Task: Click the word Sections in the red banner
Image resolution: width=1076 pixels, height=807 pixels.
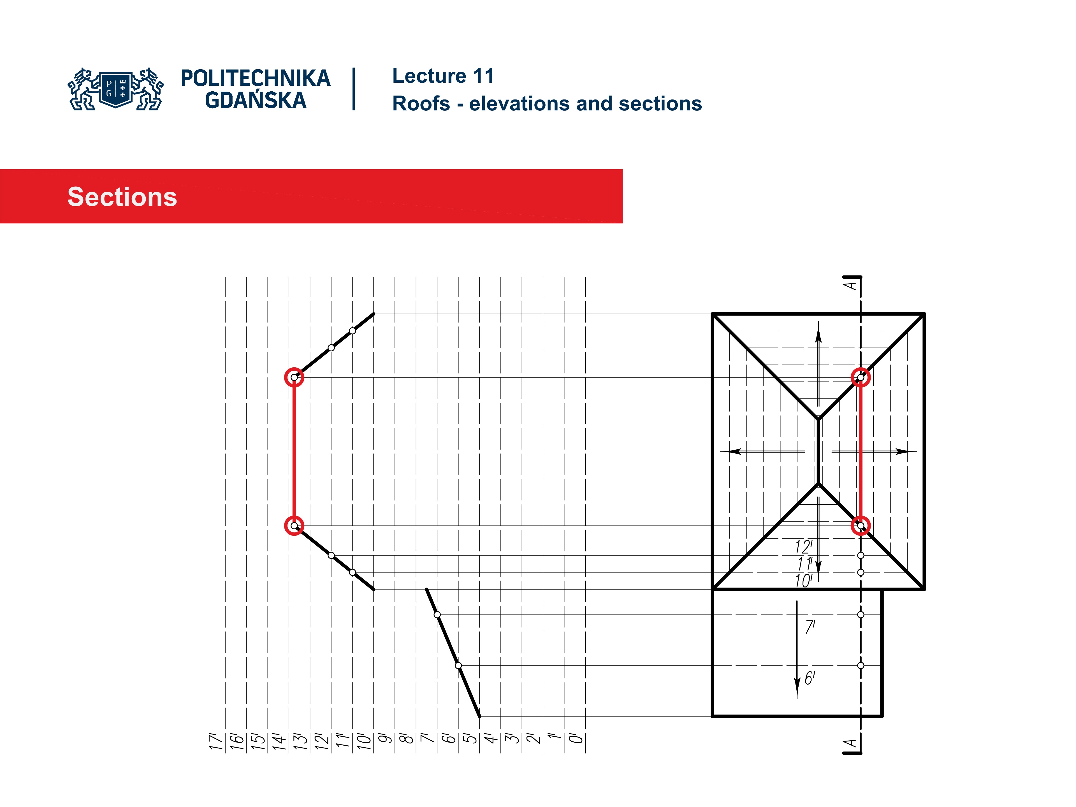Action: (122, 197)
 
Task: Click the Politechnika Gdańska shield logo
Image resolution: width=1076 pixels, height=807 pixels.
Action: (116, 89)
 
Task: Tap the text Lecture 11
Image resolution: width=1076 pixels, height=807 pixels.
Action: (443, 76)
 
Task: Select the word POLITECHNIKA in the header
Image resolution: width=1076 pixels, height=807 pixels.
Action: (255, 78)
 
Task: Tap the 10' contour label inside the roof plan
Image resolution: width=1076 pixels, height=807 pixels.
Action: (803, 581)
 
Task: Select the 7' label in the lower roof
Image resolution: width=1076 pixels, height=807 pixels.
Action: (810, 627)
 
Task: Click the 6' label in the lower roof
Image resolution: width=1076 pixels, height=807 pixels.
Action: (810, 678)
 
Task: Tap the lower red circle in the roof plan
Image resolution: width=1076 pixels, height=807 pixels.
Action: (861, 525)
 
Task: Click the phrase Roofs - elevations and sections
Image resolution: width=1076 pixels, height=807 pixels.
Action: (547, 104)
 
